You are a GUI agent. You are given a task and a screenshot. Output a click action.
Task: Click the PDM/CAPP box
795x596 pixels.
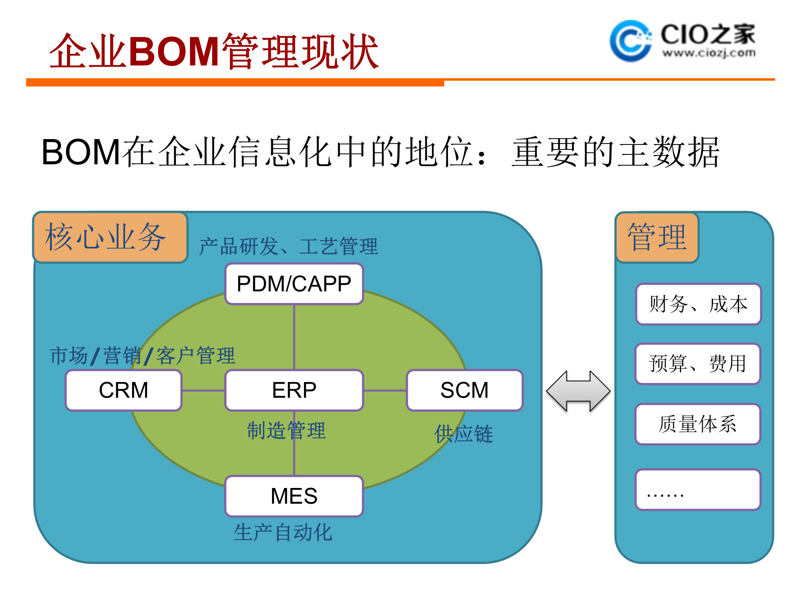[294, 284]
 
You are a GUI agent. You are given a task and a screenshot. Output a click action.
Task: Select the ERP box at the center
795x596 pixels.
[294, 390]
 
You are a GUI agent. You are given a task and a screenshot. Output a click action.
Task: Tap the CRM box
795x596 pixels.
[123, 390]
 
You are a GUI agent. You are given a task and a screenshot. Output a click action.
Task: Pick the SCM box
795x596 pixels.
[465, 390]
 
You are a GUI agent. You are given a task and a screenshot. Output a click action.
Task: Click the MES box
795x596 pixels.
[294, 496]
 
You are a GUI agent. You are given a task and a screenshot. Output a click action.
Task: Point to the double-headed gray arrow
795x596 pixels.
[578, 391]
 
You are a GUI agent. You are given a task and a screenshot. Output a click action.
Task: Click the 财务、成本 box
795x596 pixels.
[698, 304]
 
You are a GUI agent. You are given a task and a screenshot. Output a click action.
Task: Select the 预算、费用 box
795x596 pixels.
[698, 363]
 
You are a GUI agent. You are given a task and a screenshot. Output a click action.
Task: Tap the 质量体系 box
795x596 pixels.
[698, 424]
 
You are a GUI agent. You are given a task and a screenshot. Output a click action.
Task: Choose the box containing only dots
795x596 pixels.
[698, 489]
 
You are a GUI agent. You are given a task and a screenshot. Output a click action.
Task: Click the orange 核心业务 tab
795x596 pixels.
[110, 237]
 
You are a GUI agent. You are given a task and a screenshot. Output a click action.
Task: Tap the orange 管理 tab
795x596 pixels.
[657, 237]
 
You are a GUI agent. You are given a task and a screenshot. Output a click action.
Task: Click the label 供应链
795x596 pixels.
[464, 434]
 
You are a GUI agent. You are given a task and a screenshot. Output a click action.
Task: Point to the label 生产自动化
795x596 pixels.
[283, 532]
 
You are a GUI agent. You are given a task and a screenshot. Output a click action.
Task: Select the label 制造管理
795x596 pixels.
[286, 430]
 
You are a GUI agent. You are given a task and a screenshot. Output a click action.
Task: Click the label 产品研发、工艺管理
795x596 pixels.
[289, 246]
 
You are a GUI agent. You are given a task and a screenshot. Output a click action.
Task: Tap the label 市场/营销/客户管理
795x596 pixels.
[142, 356]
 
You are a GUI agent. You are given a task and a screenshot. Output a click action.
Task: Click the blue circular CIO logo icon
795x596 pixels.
[630, 41]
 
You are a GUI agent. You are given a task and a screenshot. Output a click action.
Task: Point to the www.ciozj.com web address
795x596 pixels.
[708, 53]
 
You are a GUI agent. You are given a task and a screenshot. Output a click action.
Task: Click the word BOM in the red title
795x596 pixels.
[174, 51]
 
